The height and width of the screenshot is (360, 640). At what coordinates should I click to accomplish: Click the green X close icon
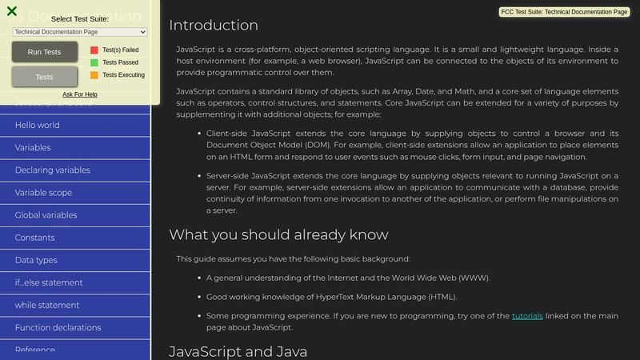click(12, 11)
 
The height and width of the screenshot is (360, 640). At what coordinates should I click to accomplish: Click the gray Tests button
click(45, 77)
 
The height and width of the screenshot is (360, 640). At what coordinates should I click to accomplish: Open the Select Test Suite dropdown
click(80, 31)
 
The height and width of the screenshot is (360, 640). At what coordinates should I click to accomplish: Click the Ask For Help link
click(80, 94)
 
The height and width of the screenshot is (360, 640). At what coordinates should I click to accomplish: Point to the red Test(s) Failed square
click(94, 50)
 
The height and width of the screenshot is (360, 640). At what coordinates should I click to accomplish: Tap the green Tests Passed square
click(94, 62)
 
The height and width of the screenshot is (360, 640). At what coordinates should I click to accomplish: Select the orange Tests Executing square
click(94, 75)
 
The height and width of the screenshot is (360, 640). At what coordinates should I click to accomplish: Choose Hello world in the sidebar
click(37, 126)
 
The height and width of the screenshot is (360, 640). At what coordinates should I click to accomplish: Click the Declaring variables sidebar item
click(52, 170)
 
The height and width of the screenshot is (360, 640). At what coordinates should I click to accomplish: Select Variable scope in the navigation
click(43, 193)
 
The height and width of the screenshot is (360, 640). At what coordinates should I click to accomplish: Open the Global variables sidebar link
click(46, 215)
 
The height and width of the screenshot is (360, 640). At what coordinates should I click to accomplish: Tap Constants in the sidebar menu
click(34, 238)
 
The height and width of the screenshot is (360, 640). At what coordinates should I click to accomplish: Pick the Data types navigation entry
click(36, 260)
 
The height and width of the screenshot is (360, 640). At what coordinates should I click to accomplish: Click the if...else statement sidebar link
click(48, 282)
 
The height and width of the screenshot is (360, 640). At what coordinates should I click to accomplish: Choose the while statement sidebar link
click(46, 305)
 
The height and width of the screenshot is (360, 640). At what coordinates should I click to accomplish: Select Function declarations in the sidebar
click(58, 327)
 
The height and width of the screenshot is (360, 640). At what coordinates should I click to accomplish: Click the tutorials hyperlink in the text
click(527, 316)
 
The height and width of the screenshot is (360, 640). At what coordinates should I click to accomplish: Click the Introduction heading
click(213, 25)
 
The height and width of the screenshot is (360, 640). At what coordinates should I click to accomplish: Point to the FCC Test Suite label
click(564, 12)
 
